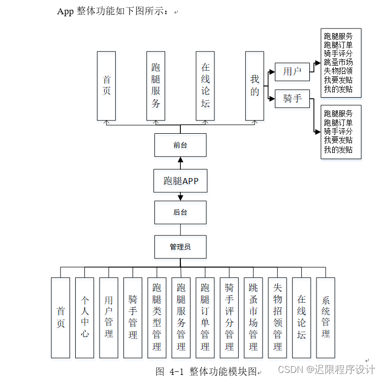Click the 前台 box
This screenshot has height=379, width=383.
tap(180, 145)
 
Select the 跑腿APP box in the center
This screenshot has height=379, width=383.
tap(180, 181)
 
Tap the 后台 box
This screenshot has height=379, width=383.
tap(180, 212)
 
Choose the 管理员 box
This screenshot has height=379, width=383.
tap(180, 247)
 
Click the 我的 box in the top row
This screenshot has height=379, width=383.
tap(254, 85)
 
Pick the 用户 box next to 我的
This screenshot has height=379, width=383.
tap(292, 72)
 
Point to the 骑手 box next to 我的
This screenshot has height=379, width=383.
tap(292, 98)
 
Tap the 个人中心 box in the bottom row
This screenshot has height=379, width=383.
tap(84, 317)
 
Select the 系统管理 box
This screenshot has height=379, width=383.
tap(326, 317)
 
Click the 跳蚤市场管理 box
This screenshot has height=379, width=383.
tap(253, 317)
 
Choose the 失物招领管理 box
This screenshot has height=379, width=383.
tap(277, 317)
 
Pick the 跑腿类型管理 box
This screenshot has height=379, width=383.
tap(156, 317)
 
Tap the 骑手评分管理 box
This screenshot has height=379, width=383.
tap(229, 317)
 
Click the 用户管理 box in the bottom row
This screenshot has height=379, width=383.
tap(108, 317)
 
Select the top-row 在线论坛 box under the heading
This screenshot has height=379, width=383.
tap(205, 85)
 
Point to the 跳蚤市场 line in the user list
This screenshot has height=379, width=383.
tap(338, 62)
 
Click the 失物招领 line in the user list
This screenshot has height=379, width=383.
tap(338, 71)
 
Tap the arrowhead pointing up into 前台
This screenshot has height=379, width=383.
tap(180, 159)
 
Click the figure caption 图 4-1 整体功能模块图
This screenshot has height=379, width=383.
tap(207, 371)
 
